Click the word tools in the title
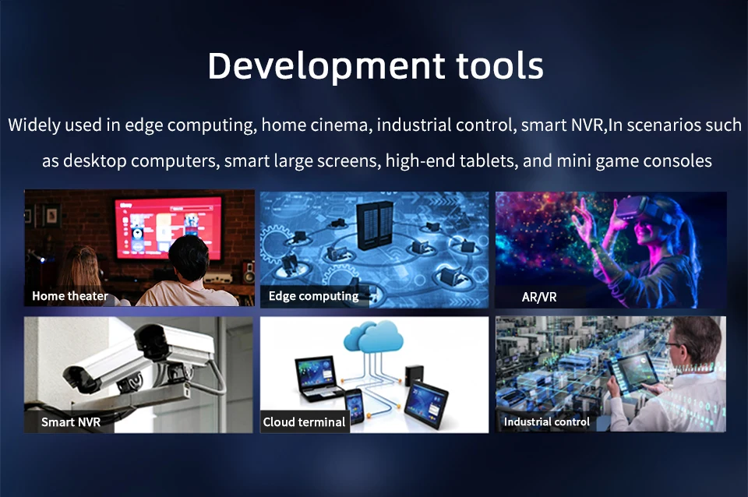pos(499,65)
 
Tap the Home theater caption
pos(70,296)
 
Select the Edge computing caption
pos(313,296)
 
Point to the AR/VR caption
pos(539,297)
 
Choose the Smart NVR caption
pos(71,422)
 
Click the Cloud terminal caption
pos(304,422)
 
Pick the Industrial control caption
pos(547,421)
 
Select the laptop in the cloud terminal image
pos(317,379)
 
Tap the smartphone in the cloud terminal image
pos(355,406)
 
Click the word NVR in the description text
pos(585,125)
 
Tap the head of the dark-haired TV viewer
pos(189,258)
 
